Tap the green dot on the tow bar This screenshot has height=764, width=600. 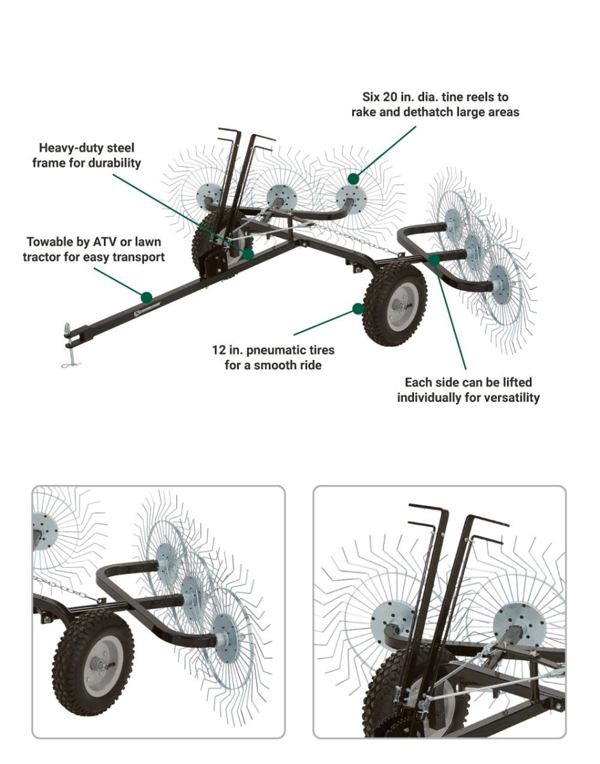coord(147,297)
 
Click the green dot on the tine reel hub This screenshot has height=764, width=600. coord(353,178)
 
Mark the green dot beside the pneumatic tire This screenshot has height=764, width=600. coord(358,309)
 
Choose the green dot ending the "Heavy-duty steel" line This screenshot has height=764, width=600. coord(248,253)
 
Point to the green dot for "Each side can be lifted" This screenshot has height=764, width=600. coord(434,259)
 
